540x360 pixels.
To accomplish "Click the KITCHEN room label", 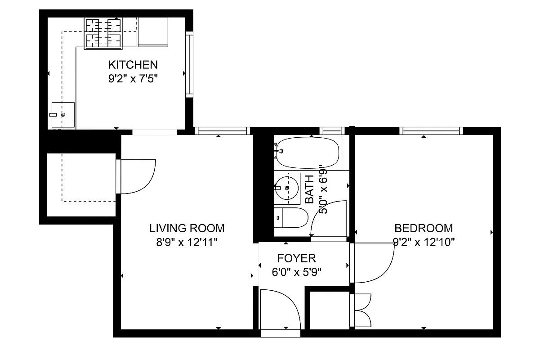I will tap(132, 65).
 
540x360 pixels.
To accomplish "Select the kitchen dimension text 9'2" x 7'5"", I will tap(132, 78).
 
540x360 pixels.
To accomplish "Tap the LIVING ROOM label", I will tap(187, 228).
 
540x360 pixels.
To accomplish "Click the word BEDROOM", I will tap(423, 228).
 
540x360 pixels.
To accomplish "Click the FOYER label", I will tap(296, 258).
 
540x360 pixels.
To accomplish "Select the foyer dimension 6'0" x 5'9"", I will tap(296, 272).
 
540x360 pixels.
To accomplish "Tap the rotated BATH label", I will tap(310, 189).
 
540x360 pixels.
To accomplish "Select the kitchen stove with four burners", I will tap(103, 33).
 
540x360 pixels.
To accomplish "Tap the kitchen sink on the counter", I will tap(62, 115).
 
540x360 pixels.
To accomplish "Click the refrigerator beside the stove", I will tap(152, 32).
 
